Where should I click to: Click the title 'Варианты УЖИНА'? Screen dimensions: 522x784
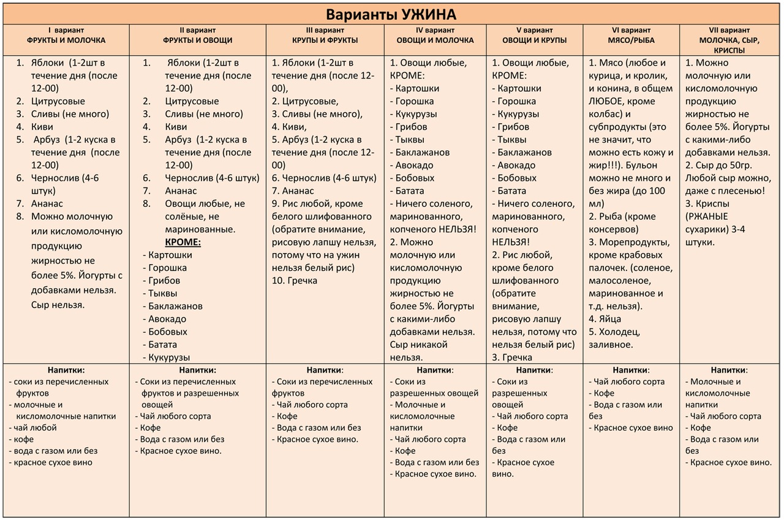pos(391,14)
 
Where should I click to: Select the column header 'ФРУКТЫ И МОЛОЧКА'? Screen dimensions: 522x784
pos(66,40)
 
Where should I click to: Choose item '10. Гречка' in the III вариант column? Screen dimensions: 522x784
pos(295,281)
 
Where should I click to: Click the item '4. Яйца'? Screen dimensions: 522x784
pos(605,319)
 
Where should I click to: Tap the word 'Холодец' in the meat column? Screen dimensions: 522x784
pos(619,331)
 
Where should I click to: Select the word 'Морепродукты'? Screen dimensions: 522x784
pos(631,242)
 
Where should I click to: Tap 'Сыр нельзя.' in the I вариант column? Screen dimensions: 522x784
pos(58,304)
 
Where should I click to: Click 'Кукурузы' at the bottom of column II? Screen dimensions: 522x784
pos(169,357)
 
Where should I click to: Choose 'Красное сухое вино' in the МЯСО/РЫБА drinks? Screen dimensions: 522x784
pos(633,428)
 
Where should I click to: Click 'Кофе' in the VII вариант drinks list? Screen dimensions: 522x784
pos(700,428)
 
